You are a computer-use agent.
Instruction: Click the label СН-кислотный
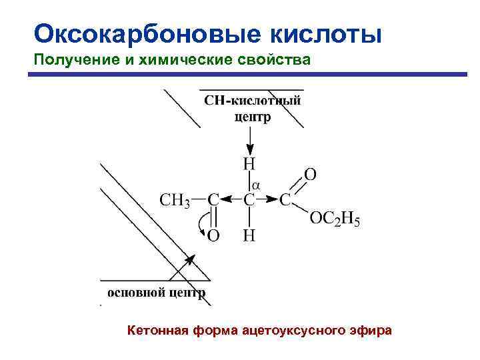point(253,101)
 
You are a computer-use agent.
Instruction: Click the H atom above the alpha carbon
point(249,163)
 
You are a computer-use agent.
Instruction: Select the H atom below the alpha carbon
point(249,236)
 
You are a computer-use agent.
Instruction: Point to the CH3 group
point(175,199)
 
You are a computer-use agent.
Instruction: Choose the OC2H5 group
point(335,220)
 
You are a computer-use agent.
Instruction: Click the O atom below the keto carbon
point(213,236)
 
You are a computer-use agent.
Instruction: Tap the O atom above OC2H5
point(310,175)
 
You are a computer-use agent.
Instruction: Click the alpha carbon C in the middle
point(249,199)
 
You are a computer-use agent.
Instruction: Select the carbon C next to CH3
point(213,199)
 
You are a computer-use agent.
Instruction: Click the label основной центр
point(156,292)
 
